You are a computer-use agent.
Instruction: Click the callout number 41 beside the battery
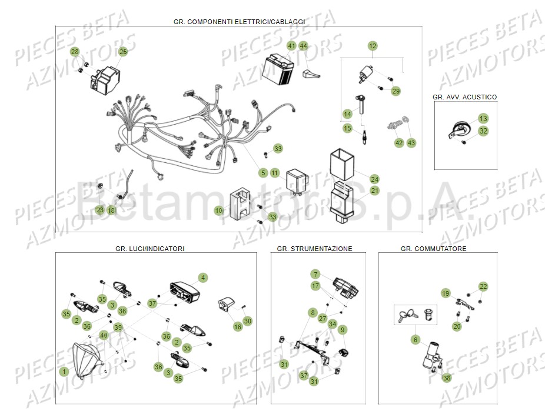[x=291, y=46]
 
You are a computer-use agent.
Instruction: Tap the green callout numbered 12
[x=372, y=46]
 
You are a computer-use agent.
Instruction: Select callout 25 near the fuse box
[x=123, y=52]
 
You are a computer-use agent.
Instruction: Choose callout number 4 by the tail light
[x=202, y=278]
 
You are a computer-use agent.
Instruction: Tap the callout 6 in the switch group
[x=416, y=339]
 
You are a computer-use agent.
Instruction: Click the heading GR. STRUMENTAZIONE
[x=314, y=249]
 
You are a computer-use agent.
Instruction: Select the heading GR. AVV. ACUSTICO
[x=465, y=97]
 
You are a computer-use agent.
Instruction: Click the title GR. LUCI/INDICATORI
[x=150, y=249]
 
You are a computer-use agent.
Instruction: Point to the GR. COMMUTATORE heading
[x=433, y=249]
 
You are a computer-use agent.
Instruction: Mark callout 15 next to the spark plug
[x=347, y=128]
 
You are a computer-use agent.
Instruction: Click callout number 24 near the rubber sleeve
[x=374, y=179]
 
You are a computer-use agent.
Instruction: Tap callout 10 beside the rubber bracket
[x=218, y=210]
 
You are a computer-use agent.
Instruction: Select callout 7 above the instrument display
[x=315, y=275]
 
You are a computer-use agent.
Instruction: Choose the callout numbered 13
[x=483, y=118]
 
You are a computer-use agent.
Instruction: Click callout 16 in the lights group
[x=238, y=327]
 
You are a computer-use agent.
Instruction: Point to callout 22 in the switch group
[x=483, y=286]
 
